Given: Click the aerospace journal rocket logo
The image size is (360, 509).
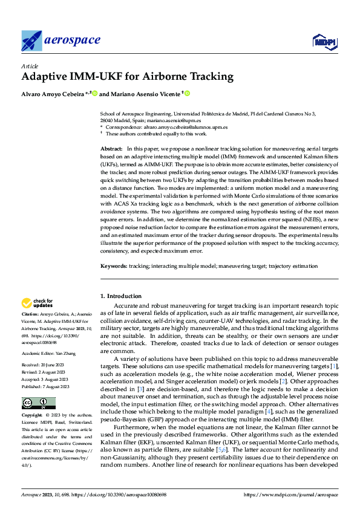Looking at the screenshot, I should (31, 41).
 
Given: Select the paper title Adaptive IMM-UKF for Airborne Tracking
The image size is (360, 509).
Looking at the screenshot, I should (127, 77).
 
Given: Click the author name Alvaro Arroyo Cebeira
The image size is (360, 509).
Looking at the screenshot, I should (54, 94).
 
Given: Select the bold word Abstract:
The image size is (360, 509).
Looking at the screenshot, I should (111, 148).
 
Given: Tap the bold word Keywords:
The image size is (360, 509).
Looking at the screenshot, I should (113, 265).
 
